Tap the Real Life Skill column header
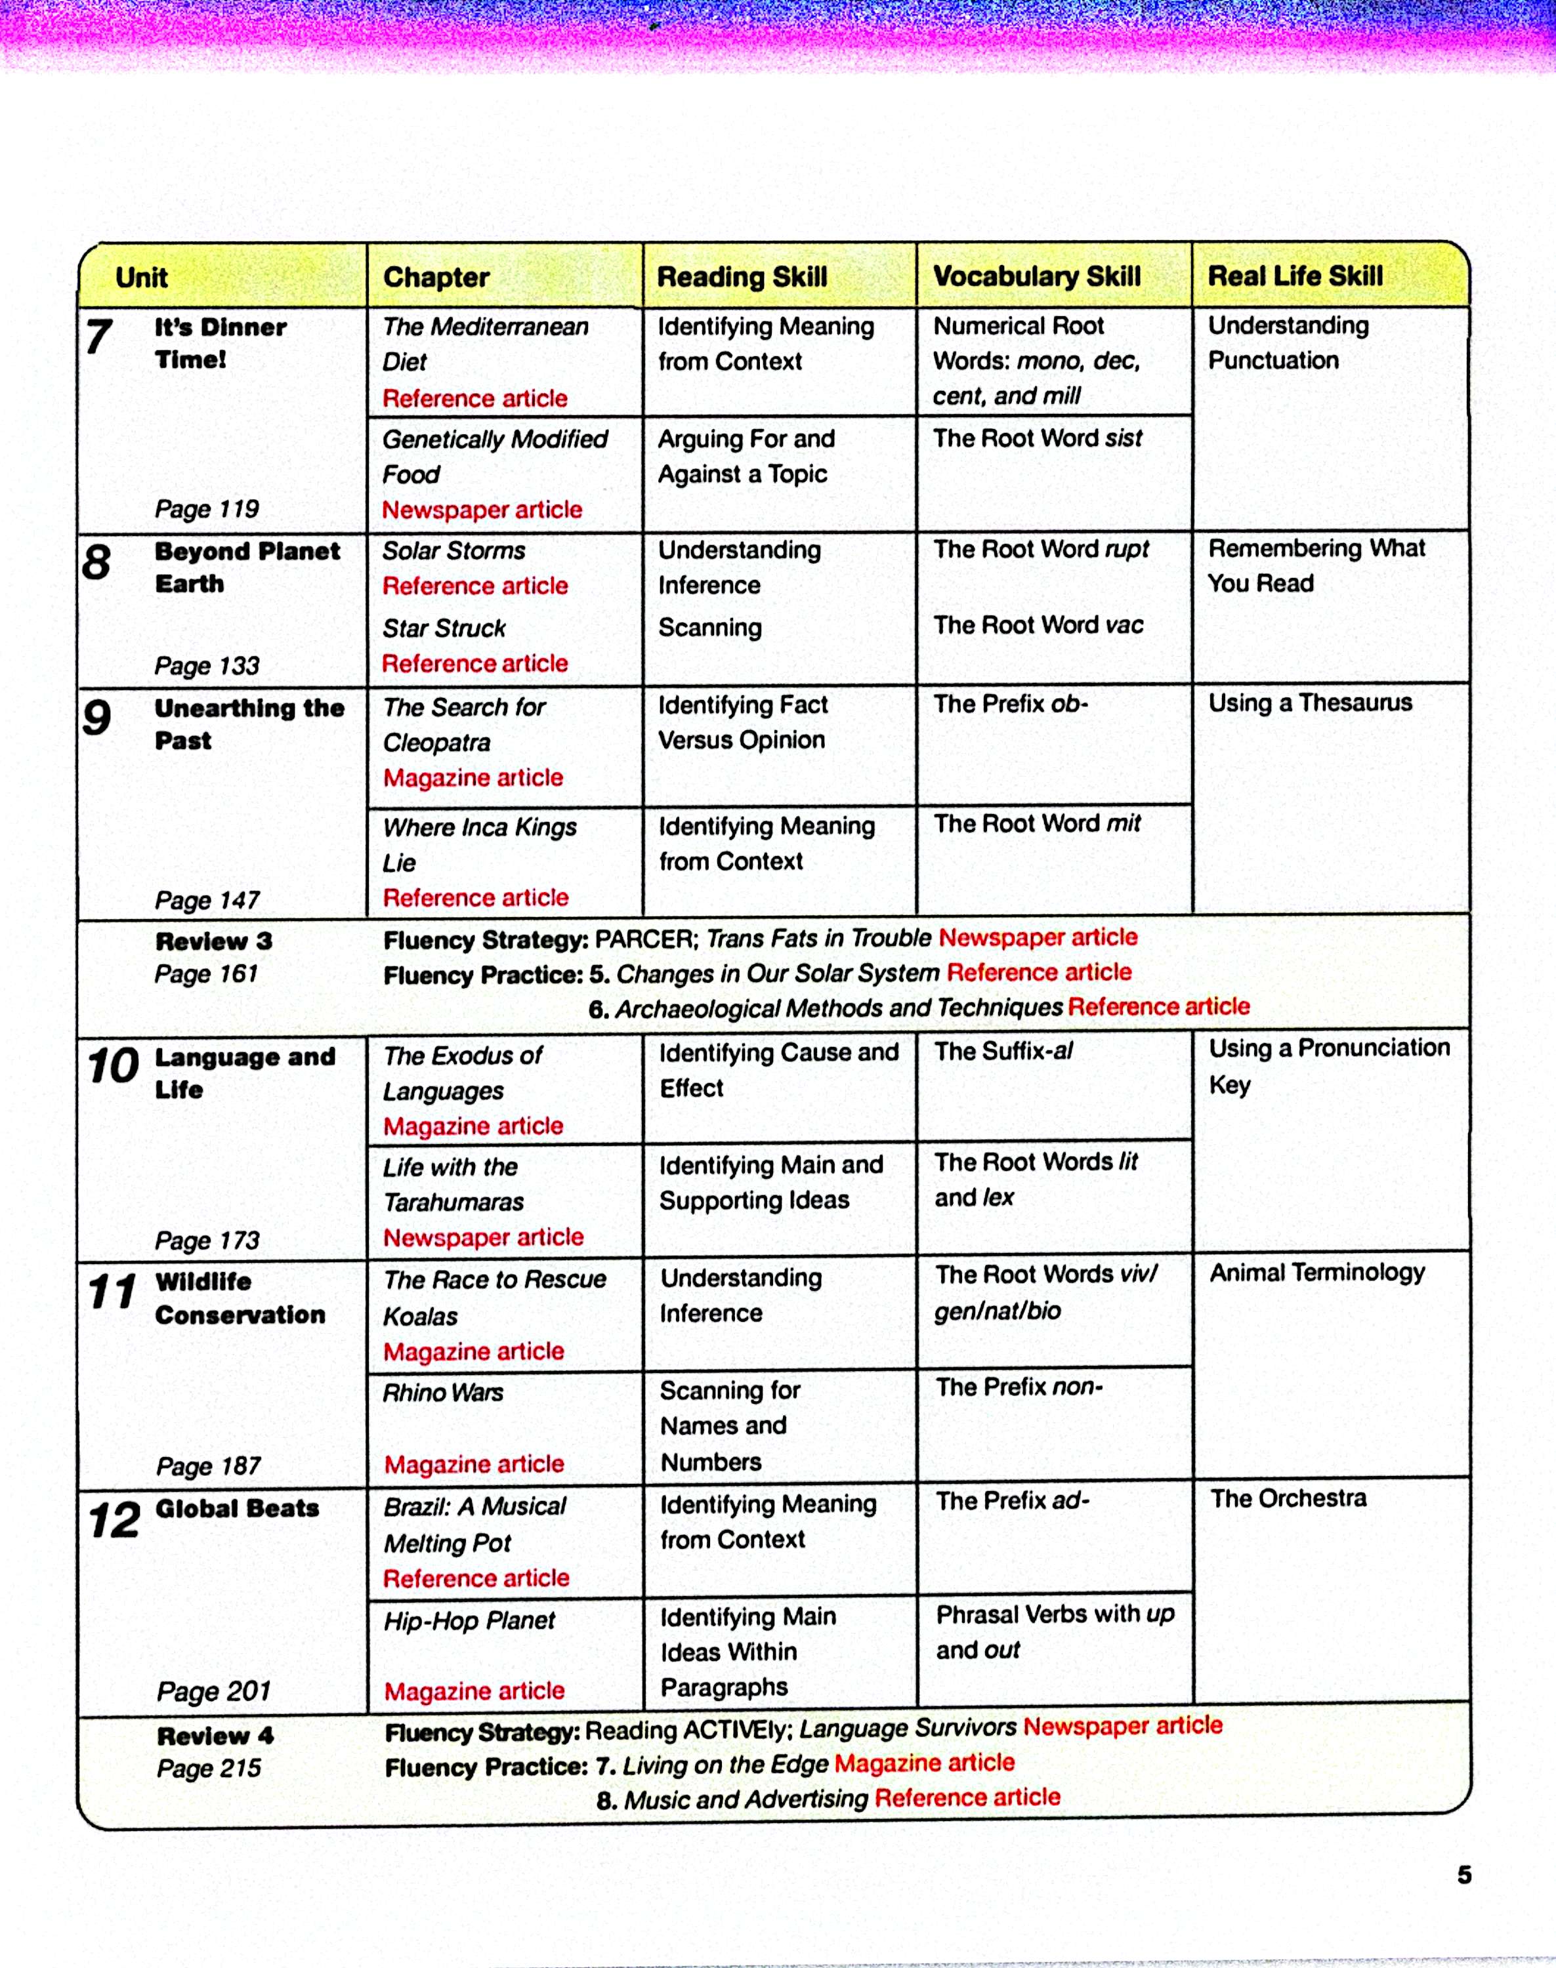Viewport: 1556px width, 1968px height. [x=1295, y=276]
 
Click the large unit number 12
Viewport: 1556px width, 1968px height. [x=114, y=1520]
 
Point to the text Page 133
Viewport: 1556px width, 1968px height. [x=207, y=666]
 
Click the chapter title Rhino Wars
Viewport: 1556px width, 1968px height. [x=443, y=1393]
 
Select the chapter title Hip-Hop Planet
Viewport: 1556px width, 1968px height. [x=469, y=1620]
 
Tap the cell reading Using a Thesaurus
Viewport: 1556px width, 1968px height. [x=1309, y=703]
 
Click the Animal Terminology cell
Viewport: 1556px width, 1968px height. [x=1316, y=1272]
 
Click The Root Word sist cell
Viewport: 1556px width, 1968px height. [x=1037, y=438]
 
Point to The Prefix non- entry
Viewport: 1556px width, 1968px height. [x=1019, y=1387]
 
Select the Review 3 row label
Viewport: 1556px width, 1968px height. [x=213, y=941]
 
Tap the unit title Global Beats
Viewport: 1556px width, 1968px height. [x=237, y=1508]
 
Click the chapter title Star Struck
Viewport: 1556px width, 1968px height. [x=444, y=628]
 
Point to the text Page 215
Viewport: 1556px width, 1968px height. [x=209, y=1768]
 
